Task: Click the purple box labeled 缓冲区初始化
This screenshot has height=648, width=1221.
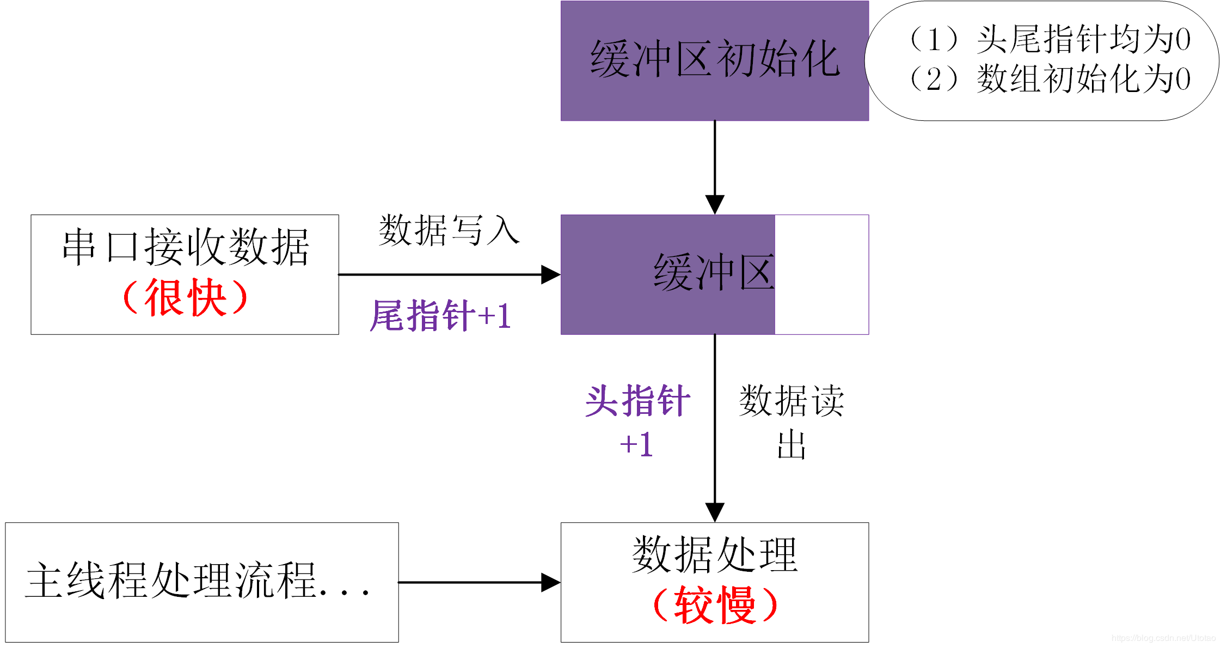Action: click(x=714, y=60)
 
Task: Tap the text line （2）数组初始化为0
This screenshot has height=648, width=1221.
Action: click(x=1048, y=79)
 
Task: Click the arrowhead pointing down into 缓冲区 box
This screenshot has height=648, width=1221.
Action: click(x=714, y=205)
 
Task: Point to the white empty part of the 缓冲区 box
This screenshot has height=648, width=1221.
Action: click(x=821, y=274)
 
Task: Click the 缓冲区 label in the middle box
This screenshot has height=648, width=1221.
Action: click(x=714, y=272)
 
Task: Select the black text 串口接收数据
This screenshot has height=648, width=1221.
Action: click(x=185, y=247)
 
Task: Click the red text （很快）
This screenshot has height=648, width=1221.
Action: click(x=185, y=297)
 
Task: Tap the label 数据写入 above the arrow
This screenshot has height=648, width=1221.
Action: click(x=449, y=230)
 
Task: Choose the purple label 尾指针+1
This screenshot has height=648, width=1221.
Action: click(x=440, y=315)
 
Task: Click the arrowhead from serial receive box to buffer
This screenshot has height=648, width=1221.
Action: click(x=550, y=274)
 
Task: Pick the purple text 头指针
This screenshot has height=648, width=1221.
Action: click(x=637, y=401)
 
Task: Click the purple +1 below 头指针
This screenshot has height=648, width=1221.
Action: click(x=636, y=444)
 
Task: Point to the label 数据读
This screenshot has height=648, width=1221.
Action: click(x=791, y=401)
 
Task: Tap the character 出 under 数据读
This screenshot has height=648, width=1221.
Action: click(x=791, y=445)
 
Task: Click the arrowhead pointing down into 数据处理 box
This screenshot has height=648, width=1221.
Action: click(x=714, y=512)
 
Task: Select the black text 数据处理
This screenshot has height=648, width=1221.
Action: click(x=714, y=554)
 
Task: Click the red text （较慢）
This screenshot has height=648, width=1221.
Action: click(x=714, y=604)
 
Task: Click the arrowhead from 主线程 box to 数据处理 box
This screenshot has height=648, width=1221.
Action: click(x=550, y=582)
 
